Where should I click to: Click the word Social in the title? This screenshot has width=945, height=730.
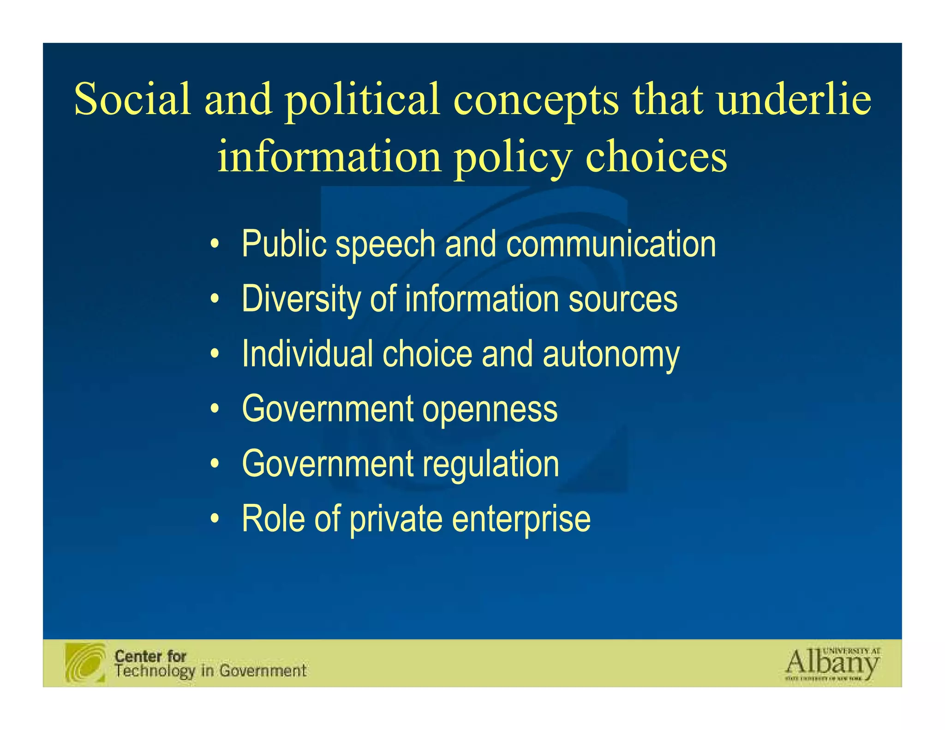(x=132, y=99)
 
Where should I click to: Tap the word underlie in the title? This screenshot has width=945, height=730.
(x=794, y=99)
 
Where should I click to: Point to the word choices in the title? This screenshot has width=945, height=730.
(x=656, y=156)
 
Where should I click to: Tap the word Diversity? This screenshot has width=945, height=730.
(x=300, y=299)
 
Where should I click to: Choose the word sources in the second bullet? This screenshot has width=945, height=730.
(x=623, y=299)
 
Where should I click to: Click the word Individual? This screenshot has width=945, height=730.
(x=307, y=354)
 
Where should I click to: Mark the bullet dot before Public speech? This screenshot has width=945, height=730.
(x=214, y=245)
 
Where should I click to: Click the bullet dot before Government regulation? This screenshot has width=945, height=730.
(x=214, y=464)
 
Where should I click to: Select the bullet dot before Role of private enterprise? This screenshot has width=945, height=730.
(x=214, y=520)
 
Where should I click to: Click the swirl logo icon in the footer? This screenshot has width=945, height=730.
(x=85, y=663)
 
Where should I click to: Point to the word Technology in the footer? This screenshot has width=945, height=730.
(x=155, y=671)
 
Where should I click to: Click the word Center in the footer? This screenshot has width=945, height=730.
(x=138, y=656)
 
